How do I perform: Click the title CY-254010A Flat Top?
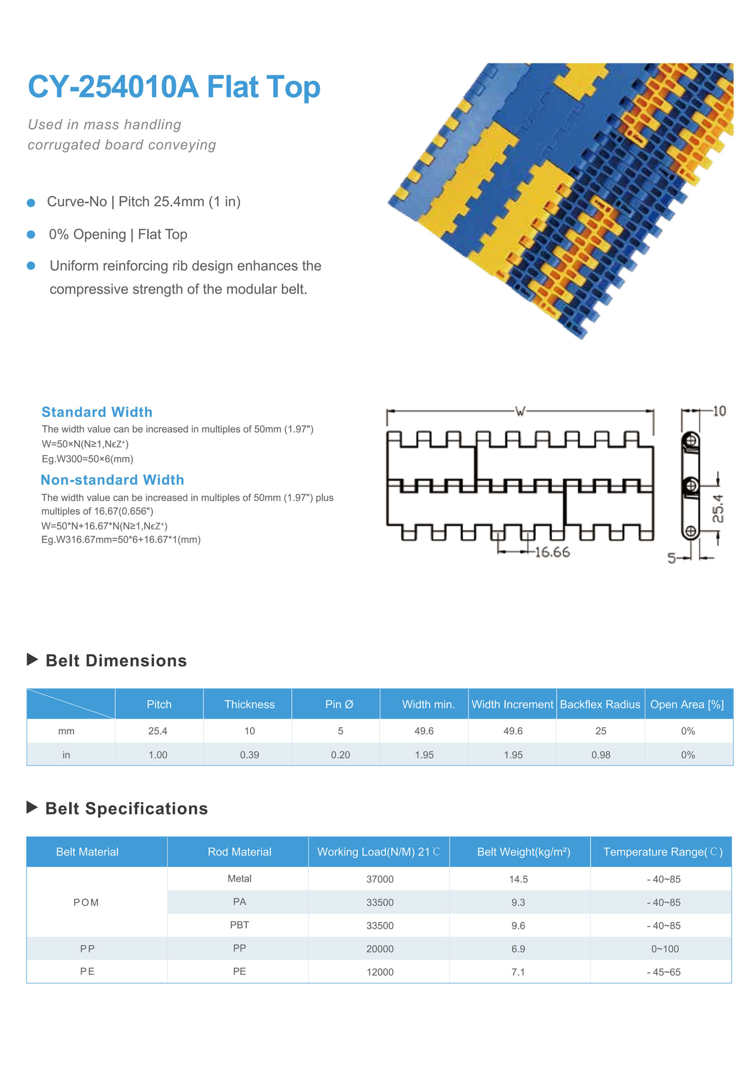pos(174,87)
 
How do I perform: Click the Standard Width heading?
pos(97,412)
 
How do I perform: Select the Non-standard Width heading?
pos(112,480)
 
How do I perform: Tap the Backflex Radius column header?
pos(600,704)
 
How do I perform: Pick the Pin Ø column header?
pos(339,704)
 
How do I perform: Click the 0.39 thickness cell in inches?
pos(250,755)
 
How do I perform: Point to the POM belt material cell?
pos(86,902)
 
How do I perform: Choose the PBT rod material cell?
pos(239,925)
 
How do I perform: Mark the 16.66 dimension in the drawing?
pos(552,552)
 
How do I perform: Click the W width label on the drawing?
pos(520,411)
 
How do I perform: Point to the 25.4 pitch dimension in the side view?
pos(718,508)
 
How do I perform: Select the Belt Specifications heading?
pos(126,808)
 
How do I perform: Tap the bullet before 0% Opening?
pos(31,235)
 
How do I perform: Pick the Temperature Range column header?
pos(662,852)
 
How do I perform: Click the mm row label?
pos(66,731)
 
